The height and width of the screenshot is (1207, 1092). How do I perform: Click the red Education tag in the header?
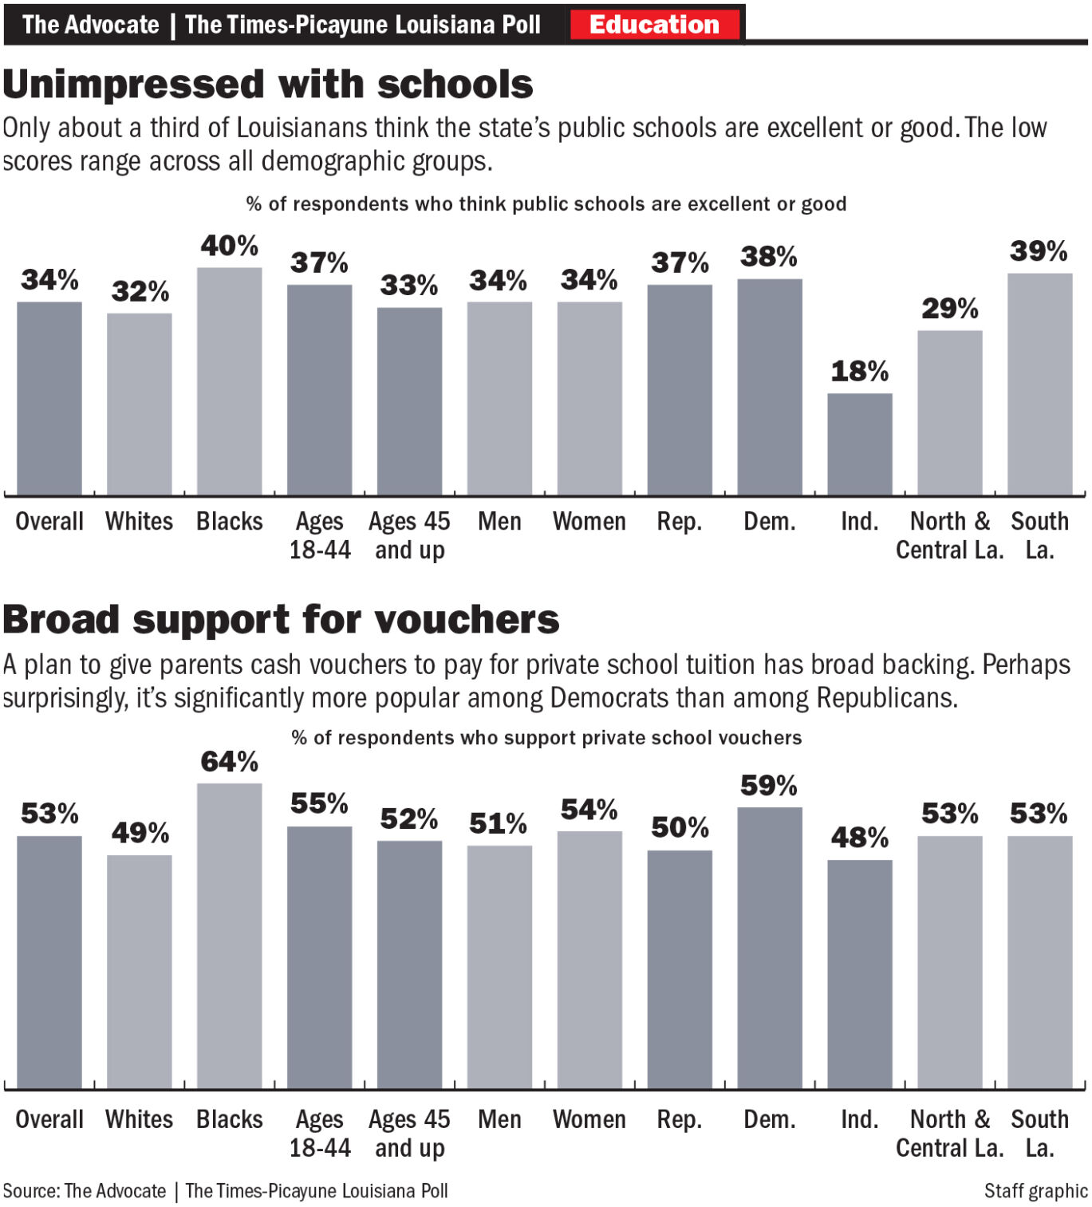click(x=654, y=24)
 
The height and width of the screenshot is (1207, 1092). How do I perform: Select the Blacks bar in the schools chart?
click(x=230, y=381)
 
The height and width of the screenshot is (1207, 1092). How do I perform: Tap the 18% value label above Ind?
click(x=859, y=371)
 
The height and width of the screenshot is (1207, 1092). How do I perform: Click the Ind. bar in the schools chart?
click(x=859, y=444)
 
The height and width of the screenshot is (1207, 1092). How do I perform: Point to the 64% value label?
click(x=230, y=762)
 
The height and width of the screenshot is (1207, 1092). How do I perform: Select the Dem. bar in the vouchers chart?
click(x=770, y=948)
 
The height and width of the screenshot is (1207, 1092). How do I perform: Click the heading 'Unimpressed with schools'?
click(x=268, y=85)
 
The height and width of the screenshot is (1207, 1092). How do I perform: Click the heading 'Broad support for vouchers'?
click(x=281, y=620)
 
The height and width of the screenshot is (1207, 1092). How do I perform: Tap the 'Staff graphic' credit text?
click(x=1035, y=1191)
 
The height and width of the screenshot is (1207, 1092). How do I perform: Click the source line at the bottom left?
click(x=225, y=1191)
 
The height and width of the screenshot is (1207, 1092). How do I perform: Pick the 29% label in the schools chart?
click(x=949, y=309)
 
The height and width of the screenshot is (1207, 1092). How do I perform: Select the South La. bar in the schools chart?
click(x=1039, y=384)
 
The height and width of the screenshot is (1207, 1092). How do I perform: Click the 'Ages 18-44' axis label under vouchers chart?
click(x=320, y=1134)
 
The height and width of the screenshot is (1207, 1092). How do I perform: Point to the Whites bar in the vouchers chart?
click(x=140, y=972)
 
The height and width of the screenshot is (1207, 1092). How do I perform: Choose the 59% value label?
click(x=769, y=786)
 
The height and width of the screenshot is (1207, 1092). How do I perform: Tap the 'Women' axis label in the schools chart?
click(x=589, y=522)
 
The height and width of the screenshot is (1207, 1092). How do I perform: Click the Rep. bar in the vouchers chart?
click(x=680, y=969)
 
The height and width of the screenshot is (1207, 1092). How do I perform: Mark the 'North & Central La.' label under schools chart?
click(x=949, y=536)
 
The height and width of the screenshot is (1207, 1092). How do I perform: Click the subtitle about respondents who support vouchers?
click(x=546, y=738)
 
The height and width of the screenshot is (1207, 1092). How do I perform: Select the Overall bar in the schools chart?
click(x=49, y=398)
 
